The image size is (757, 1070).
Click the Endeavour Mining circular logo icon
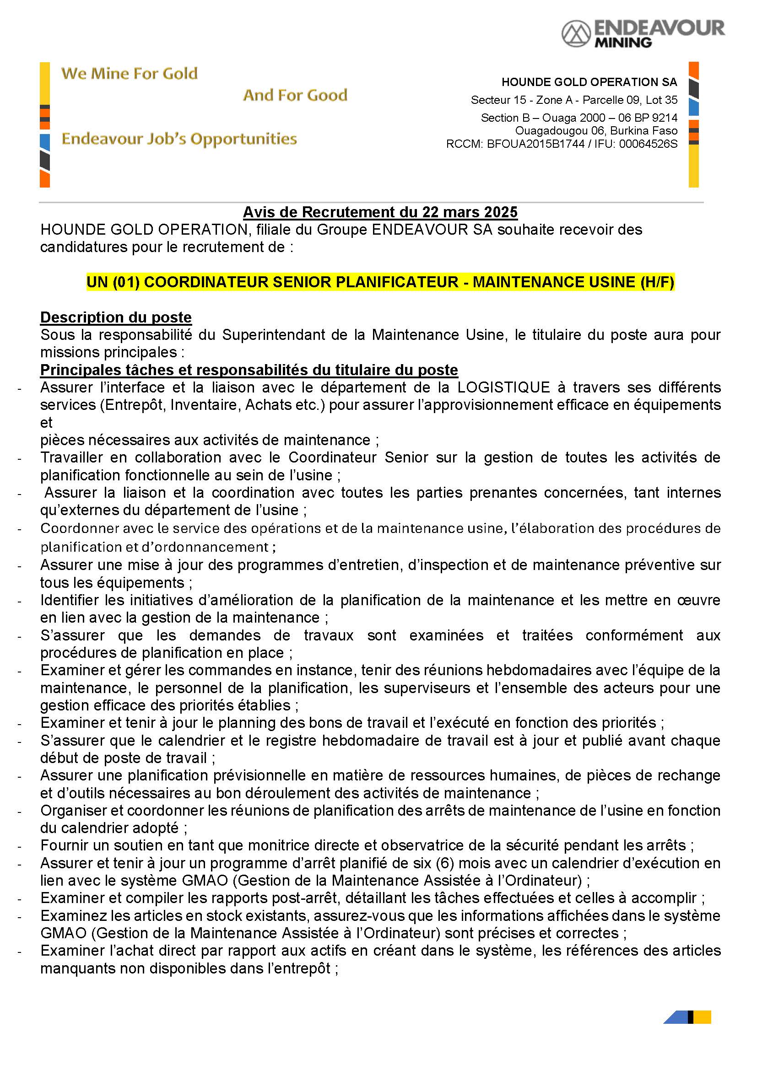tap(576, 33)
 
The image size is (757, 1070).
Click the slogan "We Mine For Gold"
tap(130, 74)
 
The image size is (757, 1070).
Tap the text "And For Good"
tap(295, 95)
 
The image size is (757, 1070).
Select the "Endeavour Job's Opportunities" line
tap(179, 139)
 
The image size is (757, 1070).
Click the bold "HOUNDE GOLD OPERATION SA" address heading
tap(589, 82)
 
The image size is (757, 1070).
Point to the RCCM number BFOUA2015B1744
tap(535, 144)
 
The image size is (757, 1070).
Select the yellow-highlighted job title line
tap(380, 282)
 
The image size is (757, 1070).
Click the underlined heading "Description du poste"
tap(116, 317)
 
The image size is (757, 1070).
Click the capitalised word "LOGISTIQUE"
tap(504, 387)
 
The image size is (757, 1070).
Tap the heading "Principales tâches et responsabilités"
tap(249, 370)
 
